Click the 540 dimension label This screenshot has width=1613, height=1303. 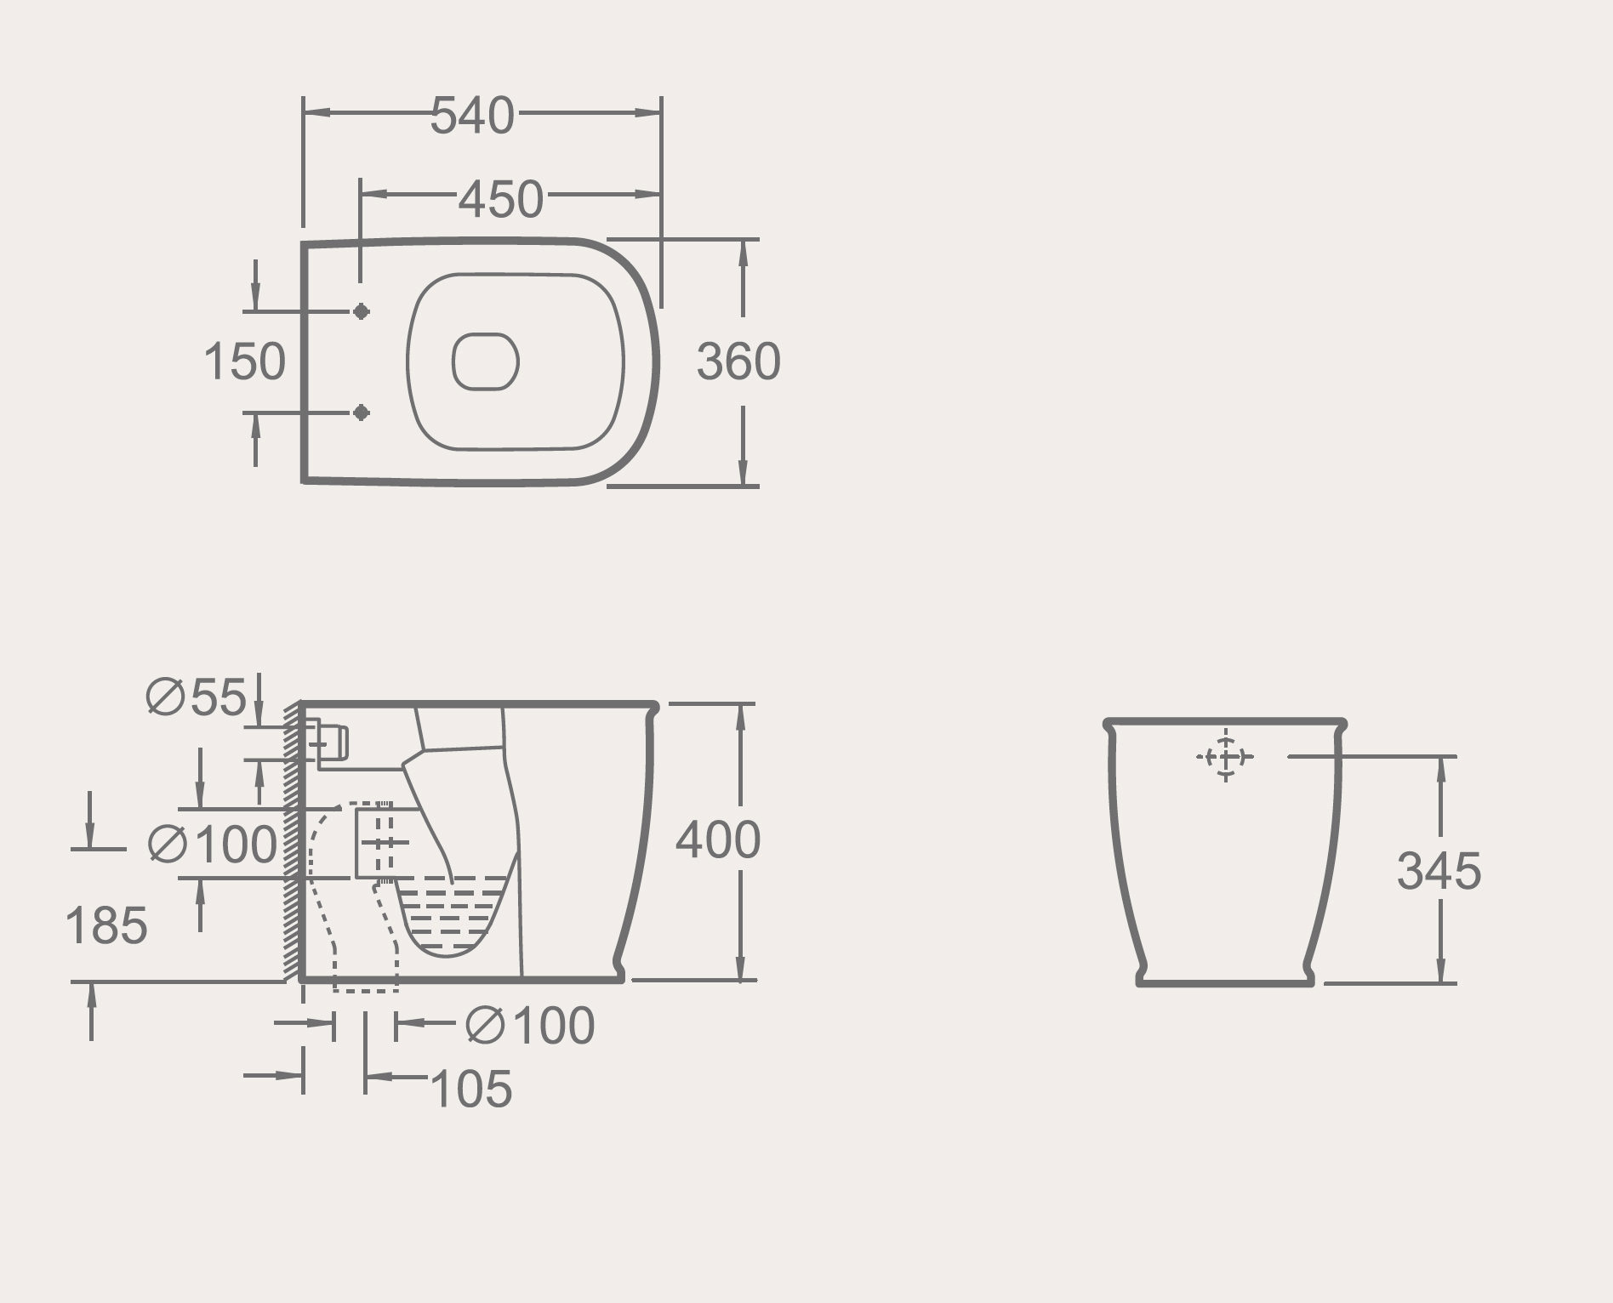tap(472, 116)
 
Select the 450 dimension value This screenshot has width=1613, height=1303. tap(501, 199)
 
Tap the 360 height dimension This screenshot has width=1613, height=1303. tap(738, 361)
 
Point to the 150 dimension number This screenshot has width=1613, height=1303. tap(245, 361)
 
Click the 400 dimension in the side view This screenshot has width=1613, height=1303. tap(718, 840)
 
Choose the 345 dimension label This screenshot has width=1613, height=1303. tap(1439, 871)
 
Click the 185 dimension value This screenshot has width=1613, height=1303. tap(106, 925)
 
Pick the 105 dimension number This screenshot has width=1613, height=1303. tap(472, 1090)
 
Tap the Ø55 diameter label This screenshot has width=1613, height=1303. tap(197, 697)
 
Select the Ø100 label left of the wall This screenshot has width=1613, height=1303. tap(213, 845)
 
